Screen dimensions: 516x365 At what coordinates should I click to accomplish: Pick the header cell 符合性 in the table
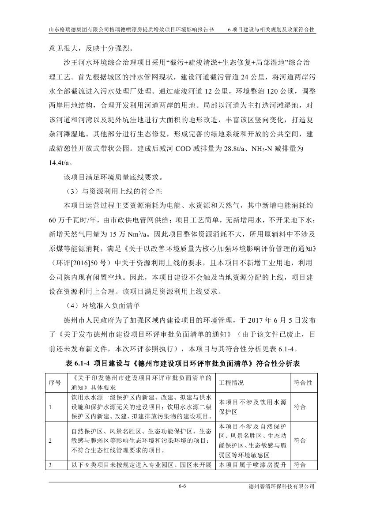pos(303,383)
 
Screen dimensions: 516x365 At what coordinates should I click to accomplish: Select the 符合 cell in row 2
pos(300,441)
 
